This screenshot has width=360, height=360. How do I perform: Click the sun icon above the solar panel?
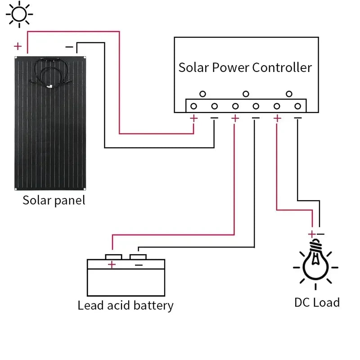pos(19,14)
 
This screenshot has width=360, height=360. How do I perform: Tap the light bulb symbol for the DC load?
pos(315,263)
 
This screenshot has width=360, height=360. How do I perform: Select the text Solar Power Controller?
pos(245,67)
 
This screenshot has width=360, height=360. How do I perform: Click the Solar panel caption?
pos(54,200)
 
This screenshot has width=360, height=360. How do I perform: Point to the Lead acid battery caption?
pos(125,306)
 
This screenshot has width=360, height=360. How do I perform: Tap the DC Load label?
pos(317,302)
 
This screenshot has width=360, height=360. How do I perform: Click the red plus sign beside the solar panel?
pos(18,46)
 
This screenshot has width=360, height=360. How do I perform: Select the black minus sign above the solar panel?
pos(69,46)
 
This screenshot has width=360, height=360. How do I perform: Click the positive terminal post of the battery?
pos(113,256)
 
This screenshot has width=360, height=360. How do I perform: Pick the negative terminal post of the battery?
pos(138,256)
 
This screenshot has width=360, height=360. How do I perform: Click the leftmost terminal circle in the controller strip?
pos(193,106)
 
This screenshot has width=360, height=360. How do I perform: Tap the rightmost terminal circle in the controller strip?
pos(297,106)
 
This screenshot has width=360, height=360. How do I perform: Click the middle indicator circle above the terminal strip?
pos(246,94)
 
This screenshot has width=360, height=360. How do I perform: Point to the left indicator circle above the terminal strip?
pos(202,94)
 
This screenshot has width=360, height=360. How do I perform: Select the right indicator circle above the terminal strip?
pos(289,94)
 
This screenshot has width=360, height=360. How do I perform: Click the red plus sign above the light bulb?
pos(311,234)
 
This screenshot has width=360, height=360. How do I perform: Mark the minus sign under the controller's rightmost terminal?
pos(297,118)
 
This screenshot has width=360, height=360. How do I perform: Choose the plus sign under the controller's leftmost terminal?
pos(193,118)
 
